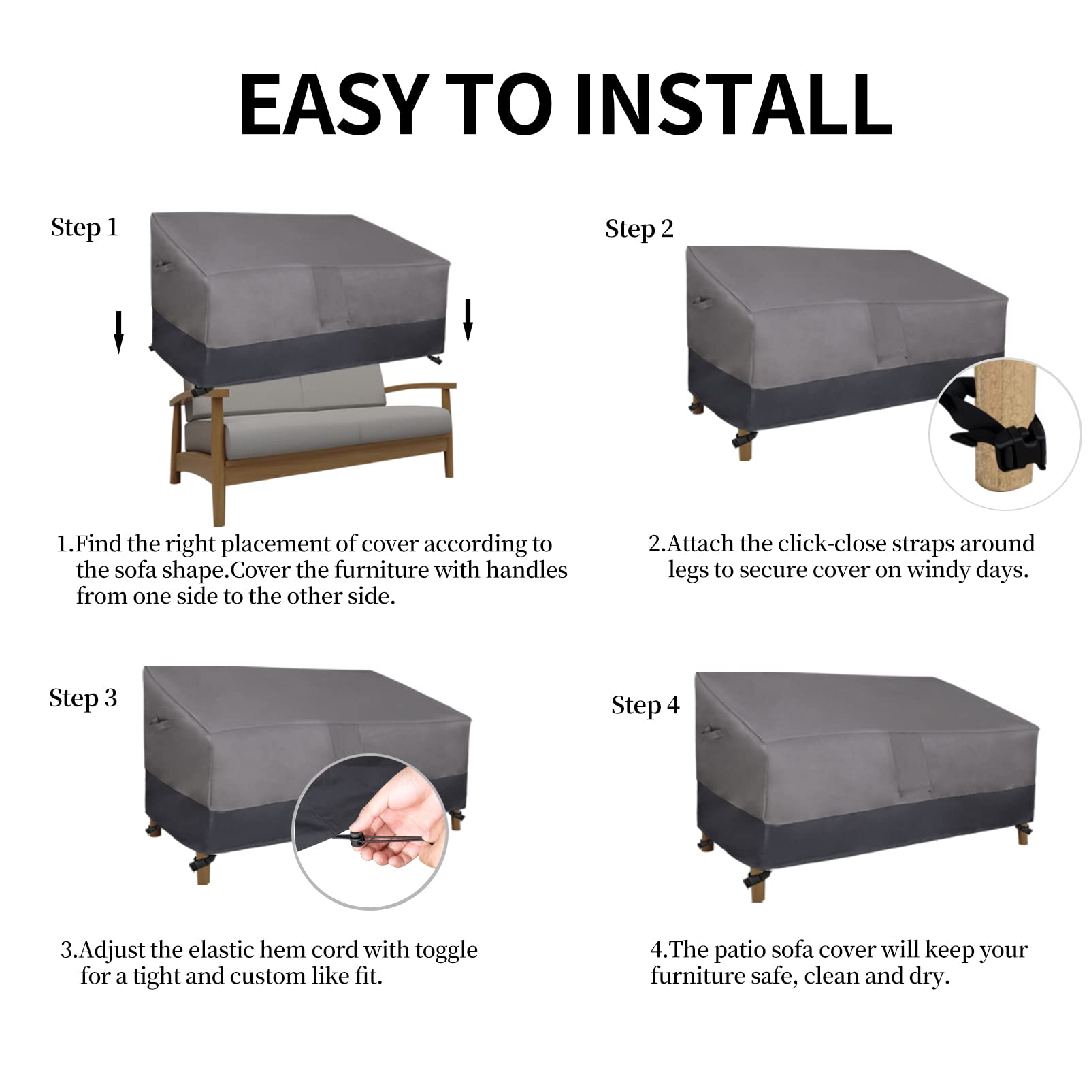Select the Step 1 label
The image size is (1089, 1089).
pyautogui.click(x=84, y=228)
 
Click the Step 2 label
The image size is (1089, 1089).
pyautogui.click(x=639, y=229)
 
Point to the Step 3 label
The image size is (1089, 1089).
pyautogui.click(x=83, y=698)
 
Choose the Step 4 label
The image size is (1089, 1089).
pyautogui.click(x=645, y=706)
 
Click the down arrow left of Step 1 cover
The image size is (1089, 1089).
pyautogui.click(x=119, y=332)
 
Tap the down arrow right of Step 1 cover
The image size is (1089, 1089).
pyautogui.click(x=468, y=320)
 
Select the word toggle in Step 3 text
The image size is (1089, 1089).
pyautogui.click(x=446, y=950)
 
